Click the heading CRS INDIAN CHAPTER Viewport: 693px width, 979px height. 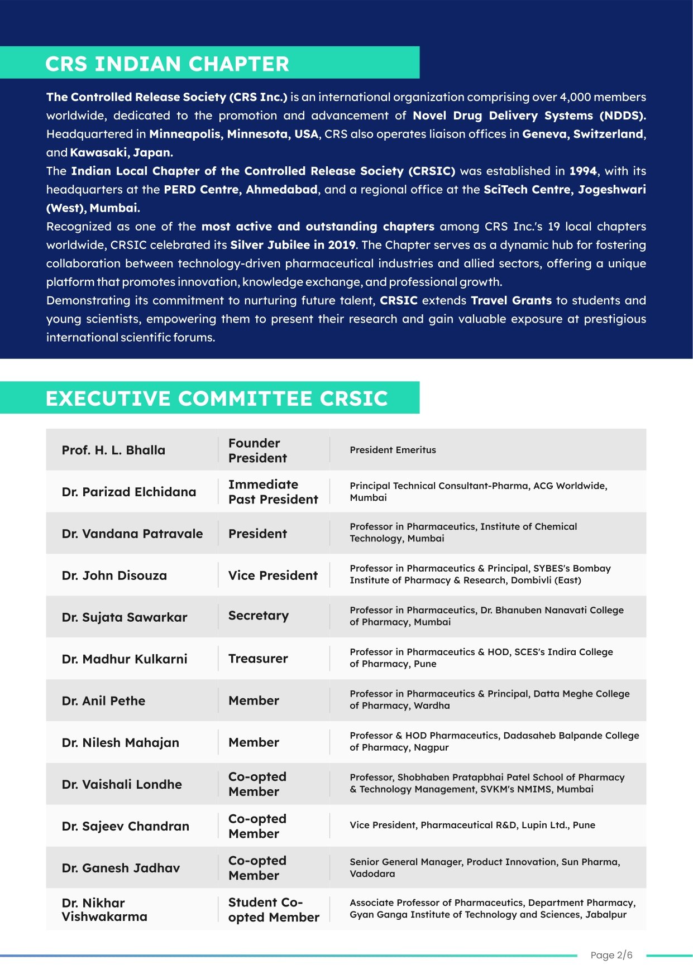click(x=168, y=64)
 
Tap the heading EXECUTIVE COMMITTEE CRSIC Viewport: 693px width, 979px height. click(x=217, y=399)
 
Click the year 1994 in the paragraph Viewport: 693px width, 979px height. click(x=583, y=171)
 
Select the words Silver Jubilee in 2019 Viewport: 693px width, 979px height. click(x=293, y=245)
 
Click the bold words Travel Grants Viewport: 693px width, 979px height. click(x=511, y=300)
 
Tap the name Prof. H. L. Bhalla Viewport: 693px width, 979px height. click(x=113, y=450)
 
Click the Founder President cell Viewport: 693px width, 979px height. click(x=257, y=450)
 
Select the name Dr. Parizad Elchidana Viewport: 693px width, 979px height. click(x=129, y=492)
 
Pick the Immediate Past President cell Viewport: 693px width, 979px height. click(x=273, y=492)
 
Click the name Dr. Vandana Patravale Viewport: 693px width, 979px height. click(x=132, y=534)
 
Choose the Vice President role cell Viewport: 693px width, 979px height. click(x=273, y=575)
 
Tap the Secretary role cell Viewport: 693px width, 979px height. click(x=259, y=616)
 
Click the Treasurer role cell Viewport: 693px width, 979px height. click(x=258, y=659)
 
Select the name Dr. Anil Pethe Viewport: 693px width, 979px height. click(x=103, y=701)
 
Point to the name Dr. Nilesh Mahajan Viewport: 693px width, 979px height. click(x=121, y=743)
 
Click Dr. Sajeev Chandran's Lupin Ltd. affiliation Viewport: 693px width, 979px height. click(x=472, y=825)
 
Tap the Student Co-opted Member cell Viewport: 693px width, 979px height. click(x=274, y=910)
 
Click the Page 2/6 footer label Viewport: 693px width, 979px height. click(x=611, y=955)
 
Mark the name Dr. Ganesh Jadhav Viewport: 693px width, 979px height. click(x=121, y=868)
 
